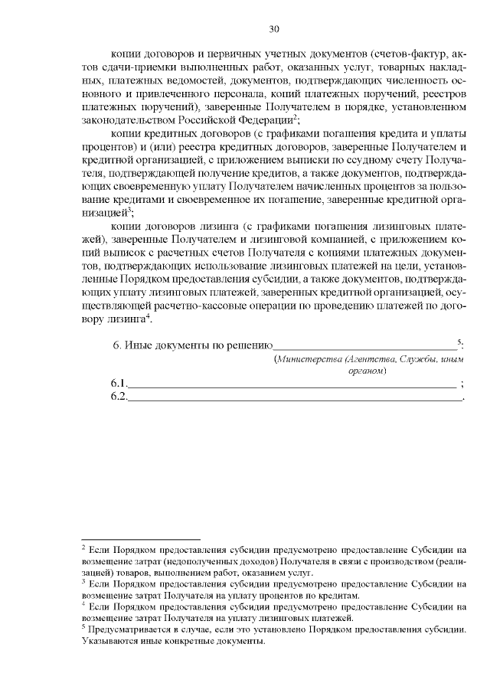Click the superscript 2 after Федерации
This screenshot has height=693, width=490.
click(x=294, y=117)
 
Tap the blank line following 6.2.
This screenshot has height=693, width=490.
click(x=295, y=397)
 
